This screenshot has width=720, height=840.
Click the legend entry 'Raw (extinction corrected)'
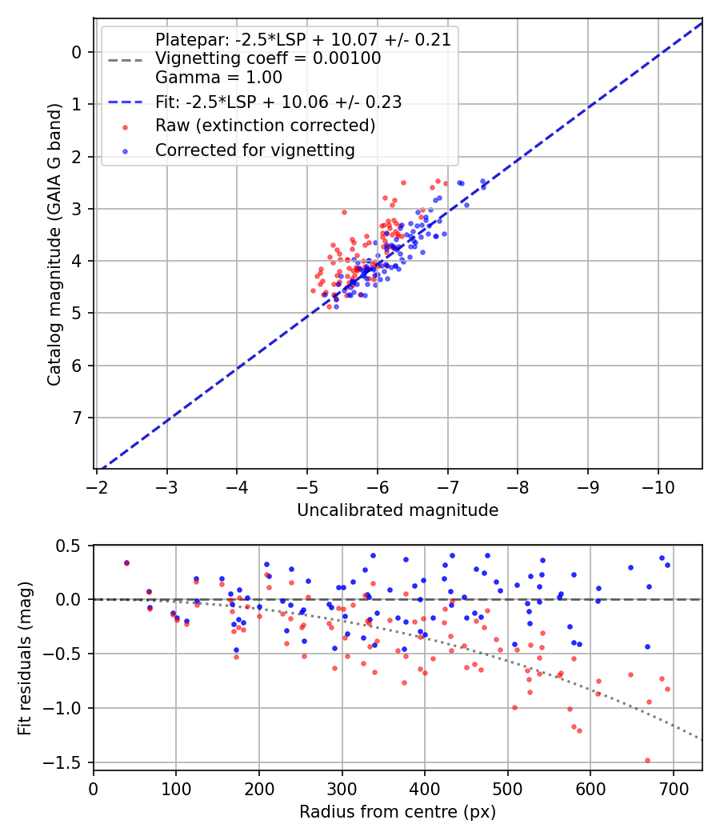(x=265, y=126)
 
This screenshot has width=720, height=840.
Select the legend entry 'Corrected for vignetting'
(x=254, y=150)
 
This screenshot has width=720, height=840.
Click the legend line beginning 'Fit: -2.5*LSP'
(x=278, y=102)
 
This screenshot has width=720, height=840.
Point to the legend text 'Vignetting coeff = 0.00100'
(x=268, y=58)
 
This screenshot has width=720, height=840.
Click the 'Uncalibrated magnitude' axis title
(x=398, y=510)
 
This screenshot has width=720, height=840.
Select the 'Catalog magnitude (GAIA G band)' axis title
(x=54, y=282)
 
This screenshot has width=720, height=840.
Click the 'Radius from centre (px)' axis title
(x=398, y=812)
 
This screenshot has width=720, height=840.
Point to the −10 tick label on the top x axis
(x=658, y=486)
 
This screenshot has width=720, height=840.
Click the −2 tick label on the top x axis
(x=97, y=486)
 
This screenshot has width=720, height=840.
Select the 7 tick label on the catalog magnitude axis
(x=77, y=418)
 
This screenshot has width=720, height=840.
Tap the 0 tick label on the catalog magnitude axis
(x=77, y=52)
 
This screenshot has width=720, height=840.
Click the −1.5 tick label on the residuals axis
(x=67, y=762)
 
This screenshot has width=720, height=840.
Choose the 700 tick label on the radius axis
(x=674, y=788)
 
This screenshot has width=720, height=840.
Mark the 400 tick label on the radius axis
(x=425, y=788)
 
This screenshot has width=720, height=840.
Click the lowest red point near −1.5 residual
(x=647, y=760)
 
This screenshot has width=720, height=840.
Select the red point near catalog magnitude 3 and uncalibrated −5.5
(x=344, y=212)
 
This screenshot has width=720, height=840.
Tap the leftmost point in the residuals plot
(x=126, y=563)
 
